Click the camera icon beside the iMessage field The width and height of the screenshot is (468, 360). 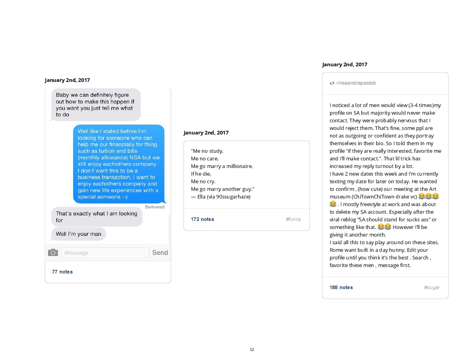53,253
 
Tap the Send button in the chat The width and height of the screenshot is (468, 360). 160,253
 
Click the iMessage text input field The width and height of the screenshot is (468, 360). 105,253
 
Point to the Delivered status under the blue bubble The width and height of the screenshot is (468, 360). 155,207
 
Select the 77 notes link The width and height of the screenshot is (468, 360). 62,272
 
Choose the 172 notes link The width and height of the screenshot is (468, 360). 202,219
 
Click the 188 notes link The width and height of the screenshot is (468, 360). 341,287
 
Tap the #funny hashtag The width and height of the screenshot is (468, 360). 293,219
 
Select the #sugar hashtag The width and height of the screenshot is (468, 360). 432,287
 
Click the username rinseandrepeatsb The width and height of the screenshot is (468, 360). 356,83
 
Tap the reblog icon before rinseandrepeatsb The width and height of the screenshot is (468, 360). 332,83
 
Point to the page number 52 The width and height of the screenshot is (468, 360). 252,350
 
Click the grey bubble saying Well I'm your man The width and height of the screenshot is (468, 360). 79,234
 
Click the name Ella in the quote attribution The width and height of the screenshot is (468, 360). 201,197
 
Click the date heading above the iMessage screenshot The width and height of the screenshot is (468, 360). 67,80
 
